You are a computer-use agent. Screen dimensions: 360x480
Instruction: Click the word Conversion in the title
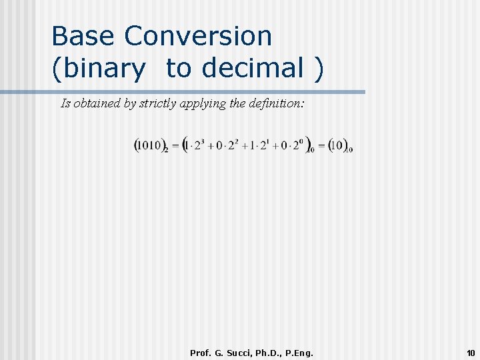[199, 36]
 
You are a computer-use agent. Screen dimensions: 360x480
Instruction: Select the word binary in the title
[99, 68]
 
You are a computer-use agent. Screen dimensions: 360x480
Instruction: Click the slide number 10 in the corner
[471, 353]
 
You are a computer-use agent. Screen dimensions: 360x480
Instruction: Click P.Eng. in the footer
[299, 353]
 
